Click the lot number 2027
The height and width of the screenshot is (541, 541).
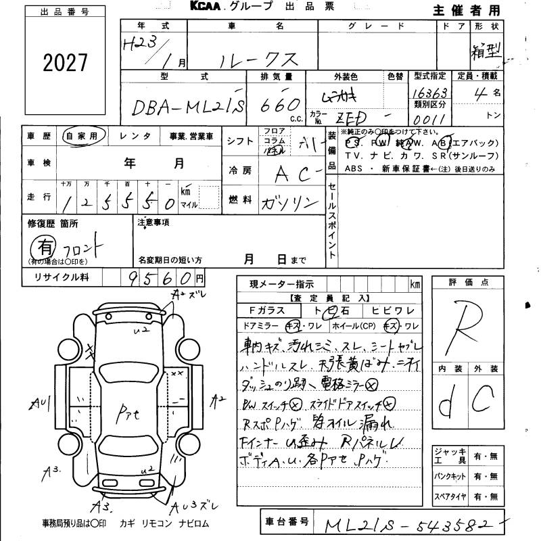(66, 63)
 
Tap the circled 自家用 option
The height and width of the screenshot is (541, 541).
(81, 136)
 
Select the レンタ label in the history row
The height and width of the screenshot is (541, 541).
(135, 136)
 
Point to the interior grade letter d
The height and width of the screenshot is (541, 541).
(446, 406)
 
